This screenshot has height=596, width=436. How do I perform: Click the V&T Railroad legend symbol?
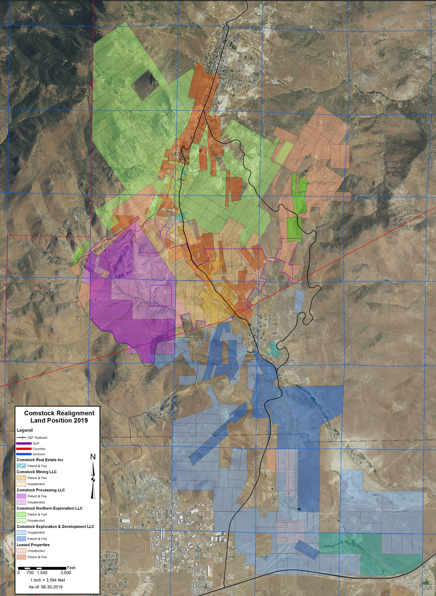21,437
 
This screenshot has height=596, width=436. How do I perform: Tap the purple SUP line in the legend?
24,443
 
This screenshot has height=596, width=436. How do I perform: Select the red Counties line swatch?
24,448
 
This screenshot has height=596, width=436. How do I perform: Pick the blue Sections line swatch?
24,454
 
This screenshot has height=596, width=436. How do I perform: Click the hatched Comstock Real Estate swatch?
21,466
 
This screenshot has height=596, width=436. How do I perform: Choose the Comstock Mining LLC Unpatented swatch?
21,484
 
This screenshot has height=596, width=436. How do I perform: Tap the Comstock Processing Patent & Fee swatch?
21,496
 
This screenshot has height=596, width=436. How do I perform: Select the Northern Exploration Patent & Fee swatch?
21,514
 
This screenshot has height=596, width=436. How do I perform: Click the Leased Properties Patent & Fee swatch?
21,557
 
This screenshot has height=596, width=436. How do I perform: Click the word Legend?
25,430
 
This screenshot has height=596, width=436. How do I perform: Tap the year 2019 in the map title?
81,420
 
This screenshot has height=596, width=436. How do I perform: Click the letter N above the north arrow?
93,457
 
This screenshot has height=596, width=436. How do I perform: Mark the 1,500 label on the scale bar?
42,573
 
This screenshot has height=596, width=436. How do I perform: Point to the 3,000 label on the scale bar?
66,573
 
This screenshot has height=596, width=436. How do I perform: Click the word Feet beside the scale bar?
71,567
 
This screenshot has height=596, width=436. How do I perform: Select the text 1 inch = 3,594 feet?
48,580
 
